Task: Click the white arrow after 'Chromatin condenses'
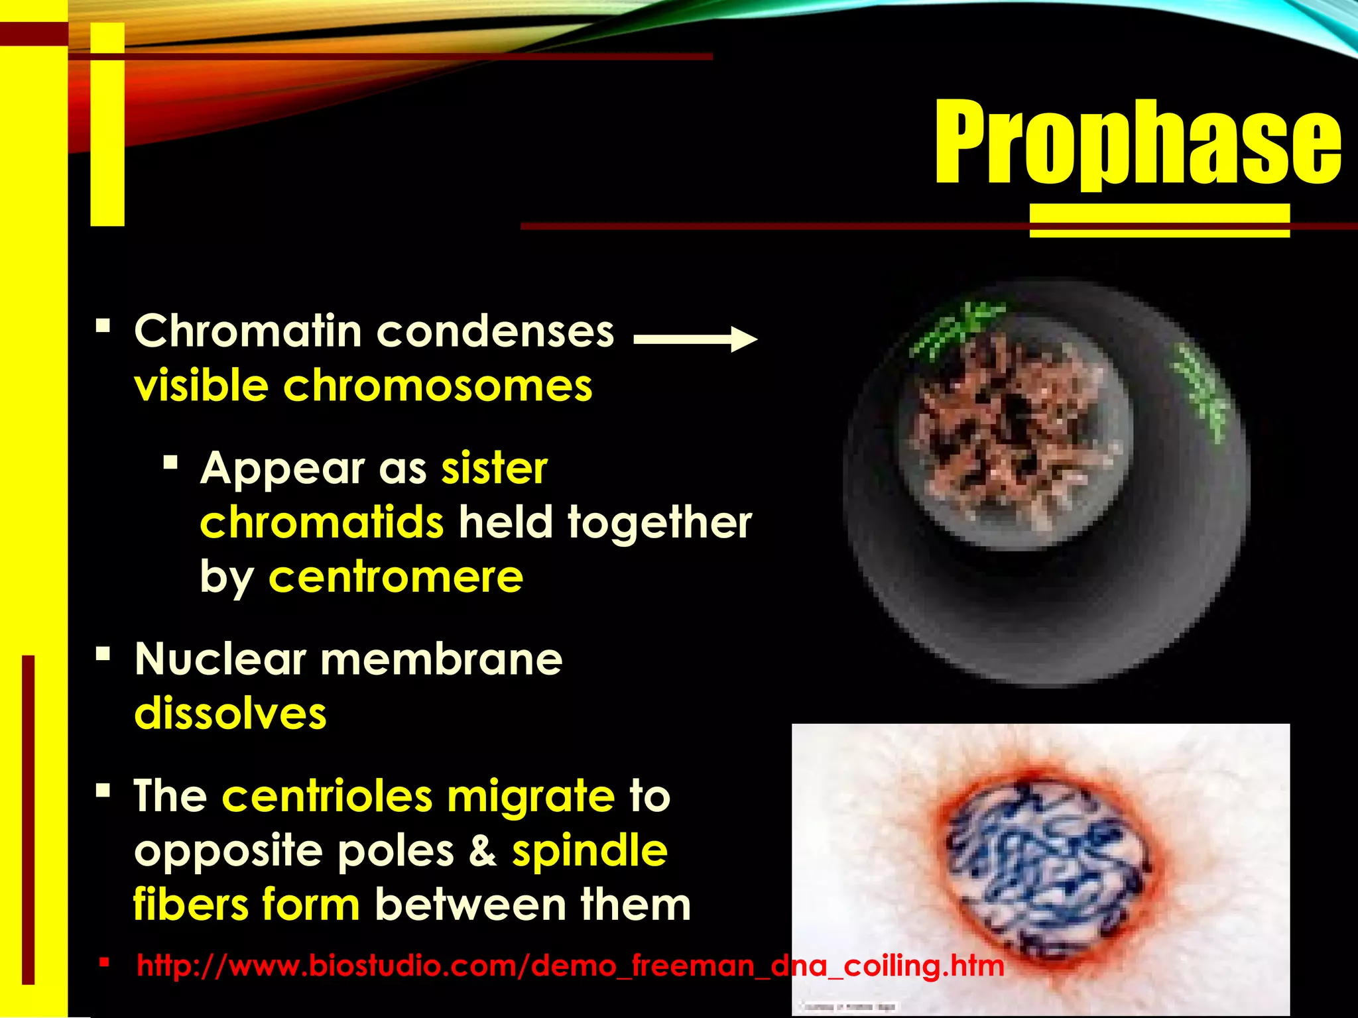coord(695,339)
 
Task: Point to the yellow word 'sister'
coord(495,468)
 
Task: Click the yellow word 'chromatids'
coord(322,522)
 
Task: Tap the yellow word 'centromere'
coord(396,577)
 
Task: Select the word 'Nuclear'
coord(220,659)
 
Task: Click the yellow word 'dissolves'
coord(230,714)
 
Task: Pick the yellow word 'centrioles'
coord(327,796)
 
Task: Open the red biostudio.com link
coord(570,966)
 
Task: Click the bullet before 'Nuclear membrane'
coord(103,655)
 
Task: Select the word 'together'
coord(660,522)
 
